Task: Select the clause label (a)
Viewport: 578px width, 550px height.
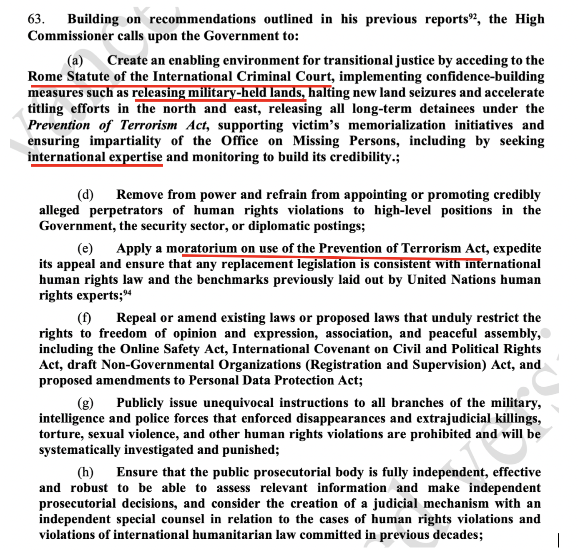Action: [x=75, y=60]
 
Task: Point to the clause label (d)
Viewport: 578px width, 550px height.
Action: [x=85, y=195]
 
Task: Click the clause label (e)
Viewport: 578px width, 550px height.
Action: [x=85, y=248]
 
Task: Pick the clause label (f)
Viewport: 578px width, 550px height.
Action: [x=85, y=318]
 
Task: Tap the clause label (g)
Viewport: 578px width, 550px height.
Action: [x=85, y=403]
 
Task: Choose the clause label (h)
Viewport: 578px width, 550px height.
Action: [x=85, y=472]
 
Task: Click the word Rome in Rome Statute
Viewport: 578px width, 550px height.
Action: [x=45, y=77]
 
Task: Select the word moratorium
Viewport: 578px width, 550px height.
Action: [x=201, y=248]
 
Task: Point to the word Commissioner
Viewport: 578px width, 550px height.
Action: [x=69, y=36]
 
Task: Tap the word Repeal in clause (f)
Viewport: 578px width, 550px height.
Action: [x=136, y=318]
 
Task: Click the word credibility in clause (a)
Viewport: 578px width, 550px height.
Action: [x=359, y=157]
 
